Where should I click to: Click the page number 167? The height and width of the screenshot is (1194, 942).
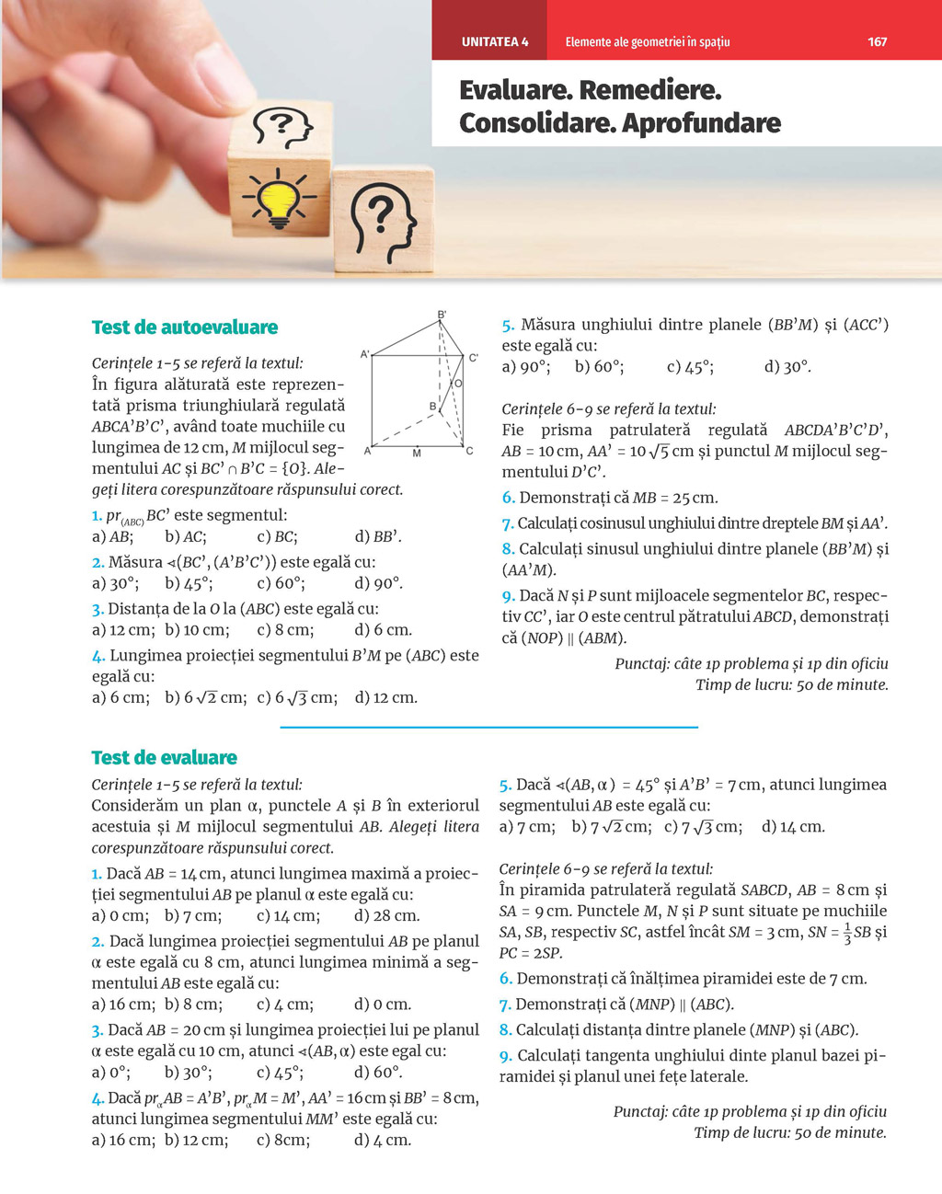point(877,41)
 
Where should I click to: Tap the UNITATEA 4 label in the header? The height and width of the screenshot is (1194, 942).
point(495,41)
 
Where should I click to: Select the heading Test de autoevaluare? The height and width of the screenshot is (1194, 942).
point(185,327)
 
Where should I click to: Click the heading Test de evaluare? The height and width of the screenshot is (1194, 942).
point(165,758)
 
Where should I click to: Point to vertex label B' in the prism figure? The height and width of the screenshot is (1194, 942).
point(442,315)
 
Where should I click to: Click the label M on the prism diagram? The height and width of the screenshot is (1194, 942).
point(417,453)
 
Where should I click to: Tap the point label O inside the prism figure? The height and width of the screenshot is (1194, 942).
point(458,384)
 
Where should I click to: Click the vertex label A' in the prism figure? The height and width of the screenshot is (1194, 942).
point(365,353)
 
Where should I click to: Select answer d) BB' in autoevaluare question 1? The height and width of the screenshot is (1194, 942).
point(378,537)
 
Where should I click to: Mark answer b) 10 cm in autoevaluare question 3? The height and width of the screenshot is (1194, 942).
point(196,630)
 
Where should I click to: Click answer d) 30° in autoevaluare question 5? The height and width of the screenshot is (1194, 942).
point(787,367)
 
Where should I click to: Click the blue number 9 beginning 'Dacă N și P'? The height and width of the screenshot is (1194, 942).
point(507,596)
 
